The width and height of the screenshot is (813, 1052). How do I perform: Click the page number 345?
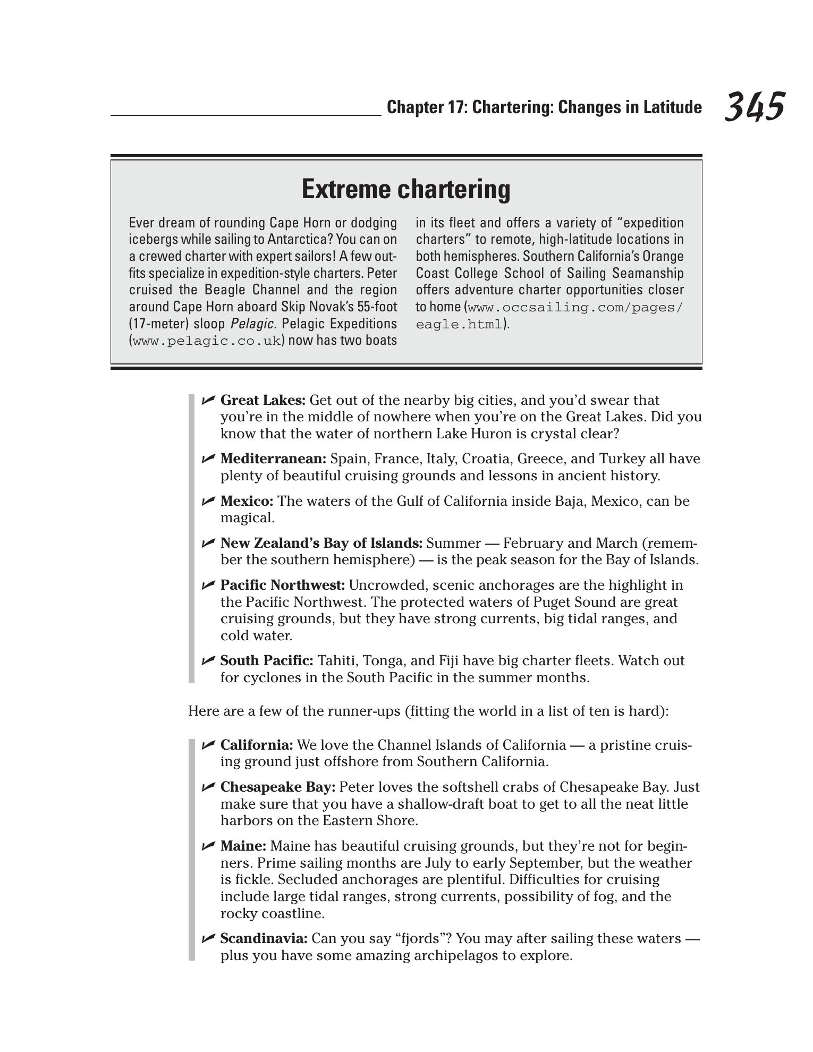754,107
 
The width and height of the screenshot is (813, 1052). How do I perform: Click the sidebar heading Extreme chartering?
406,189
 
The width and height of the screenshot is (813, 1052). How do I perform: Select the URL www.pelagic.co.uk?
206,341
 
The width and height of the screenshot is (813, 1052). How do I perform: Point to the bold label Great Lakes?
263,400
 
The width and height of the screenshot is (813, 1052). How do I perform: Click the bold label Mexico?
247,501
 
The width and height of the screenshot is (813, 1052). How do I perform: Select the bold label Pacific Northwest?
283,585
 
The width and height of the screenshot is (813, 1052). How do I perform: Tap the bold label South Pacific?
267,660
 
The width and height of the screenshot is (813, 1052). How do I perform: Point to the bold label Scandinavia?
264,939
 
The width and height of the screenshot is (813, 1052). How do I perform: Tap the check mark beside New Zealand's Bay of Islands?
208,542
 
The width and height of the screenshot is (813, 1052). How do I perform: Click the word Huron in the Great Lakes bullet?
491,434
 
